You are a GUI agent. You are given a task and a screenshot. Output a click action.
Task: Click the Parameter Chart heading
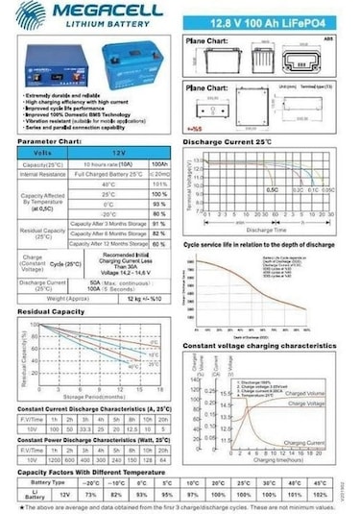tap(49, 140)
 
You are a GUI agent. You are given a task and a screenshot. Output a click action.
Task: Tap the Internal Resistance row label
tap(42, 175)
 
